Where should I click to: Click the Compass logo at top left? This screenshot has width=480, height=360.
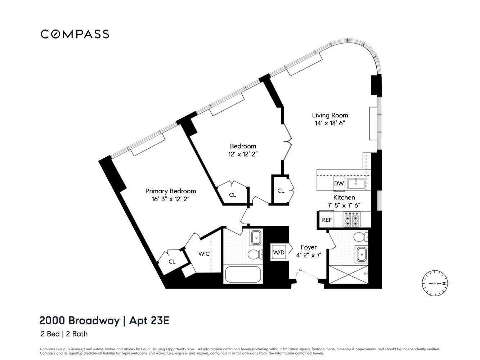[75, 34]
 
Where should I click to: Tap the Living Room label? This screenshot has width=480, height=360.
[330, 115]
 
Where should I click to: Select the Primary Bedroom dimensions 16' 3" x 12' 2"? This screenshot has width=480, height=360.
[170, 199]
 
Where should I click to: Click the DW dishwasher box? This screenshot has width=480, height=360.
[339, 183]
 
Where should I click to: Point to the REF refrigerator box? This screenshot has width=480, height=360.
[327, 220]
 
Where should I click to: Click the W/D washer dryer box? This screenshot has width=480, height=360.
[278, 252]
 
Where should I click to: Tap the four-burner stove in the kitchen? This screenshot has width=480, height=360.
[351, 219]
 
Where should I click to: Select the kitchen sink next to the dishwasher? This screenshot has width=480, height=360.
[356, 183]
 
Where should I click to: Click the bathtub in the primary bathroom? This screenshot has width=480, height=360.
[243, 274]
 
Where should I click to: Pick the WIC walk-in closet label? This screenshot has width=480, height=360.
[204, 254]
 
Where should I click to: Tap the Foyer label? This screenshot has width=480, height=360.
[309, 247]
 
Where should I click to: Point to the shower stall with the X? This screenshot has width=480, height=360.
[348, 274]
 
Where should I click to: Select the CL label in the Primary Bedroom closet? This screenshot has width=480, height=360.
[172, 262]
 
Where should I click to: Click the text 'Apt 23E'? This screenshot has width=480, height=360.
[149, 320]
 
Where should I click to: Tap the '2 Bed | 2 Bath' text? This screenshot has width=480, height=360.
[64, 334]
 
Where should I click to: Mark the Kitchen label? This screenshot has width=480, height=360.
[344, 197]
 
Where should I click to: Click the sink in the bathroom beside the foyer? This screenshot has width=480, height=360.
[361, 254]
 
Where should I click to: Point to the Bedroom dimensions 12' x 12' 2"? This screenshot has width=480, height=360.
[243, 154]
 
